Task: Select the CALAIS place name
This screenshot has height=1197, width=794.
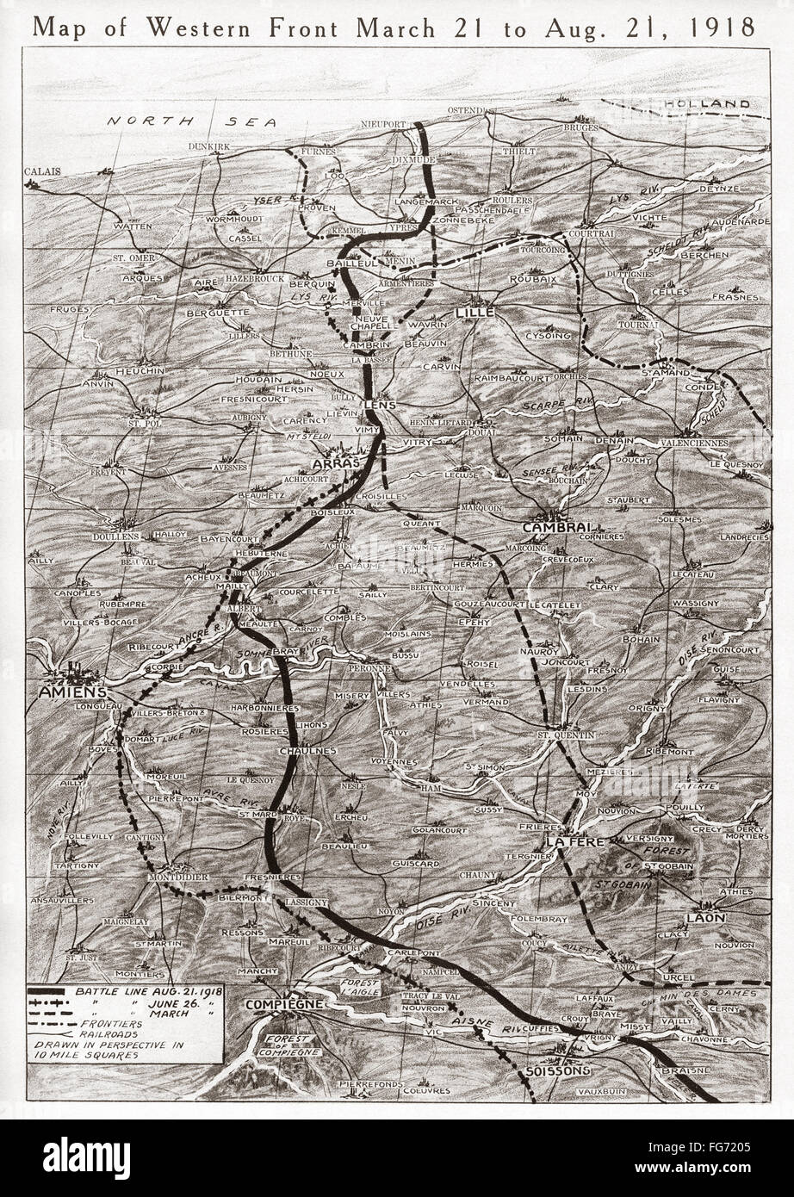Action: [x=43, y=171]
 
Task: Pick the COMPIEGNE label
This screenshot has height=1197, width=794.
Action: [x=283, y=1004]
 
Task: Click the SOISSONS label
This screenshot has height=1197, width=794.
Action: [x=556, y=1070]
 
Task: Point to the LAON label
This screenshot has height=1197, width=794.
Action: [x=705, y=918]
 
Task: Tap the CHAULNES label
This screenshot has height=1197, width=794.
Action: [x=307, y=751]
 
